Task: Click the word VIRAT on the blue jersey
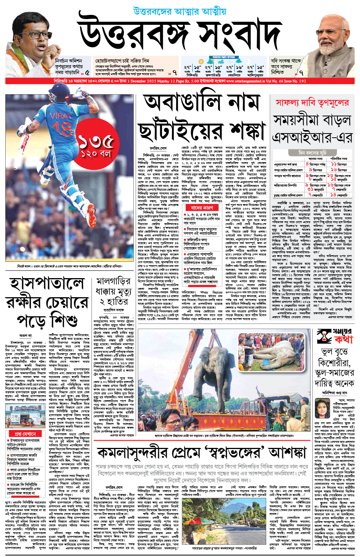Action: (61, 115)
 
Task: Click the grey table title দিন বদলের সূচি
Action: (312, 152)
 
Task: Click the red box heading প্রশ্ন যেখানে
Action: (25, 434)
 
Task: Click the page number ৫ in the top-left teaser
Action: (87, 72)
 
